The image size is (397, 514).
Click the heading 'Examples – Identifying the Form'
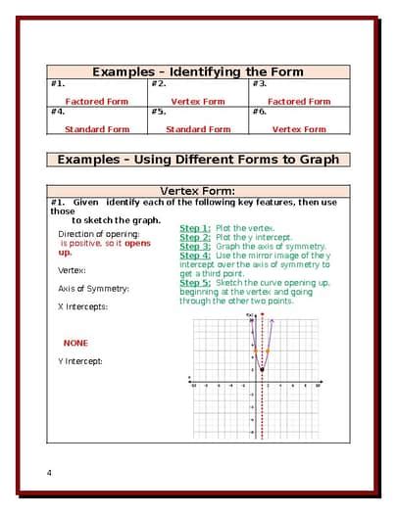[197, 71]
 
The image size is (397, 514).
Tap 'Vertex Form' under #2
[198, 101]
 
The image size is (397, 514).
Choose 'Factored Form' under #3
[299, 101]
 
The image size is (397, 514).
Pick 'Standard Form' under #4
[96, 129]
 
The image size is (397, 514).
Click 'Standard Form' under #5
[198, 129]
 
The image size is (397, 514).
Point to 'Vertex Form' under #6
[299, 129]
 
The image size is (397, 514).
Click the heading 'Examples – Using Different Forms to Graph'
[198, 159]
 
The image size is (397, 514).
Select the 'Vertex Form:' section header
[197, 191]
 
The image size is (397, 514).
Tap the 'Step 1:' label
[195, 228]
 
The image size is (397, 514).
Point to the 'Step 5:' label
[195, 282]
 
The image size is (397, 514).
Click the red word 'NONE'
[75, 344]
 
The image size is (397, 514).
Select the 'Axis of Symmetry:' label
[93, 289]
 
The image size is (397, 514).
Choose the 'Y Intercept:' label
[80, 361]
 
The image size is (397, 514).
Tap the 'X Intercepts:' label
[82, 306]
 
